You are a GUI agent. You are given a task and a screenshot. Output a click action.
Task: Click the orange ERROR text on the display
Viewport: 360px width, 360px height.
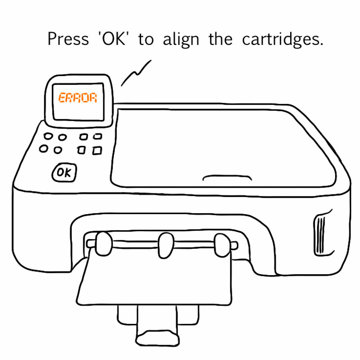point(78,98)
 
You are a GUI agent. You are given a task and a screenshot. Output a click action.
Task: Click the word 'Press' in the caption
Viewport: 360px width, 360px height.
point(68,39)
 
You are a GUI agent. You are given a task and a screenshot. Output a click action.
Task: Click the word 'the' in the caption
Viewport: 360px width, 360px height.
point(220,39)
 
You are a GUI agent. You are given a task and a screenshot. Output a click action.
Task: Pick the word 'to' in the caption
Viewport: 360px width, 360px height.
point(146,39)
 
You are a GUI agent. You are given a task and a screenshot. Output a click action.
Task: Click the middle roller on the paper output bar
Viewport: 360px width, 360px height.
point(166,246)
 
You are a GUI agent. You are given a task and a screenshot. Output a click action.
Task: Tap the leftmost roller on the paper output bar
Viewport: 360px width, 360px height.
point(103,244)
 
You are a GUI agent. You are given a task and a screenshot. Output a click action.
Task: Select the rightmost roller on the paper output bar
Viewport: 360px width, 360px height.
point(222,245)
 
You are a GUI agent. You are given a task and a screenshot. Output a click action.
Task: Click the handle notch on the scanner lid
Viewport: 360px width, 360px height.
point(227,177)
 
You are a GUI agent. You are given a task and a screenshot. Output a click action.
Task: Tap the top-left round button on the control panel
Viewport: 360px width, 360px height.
point(48,136)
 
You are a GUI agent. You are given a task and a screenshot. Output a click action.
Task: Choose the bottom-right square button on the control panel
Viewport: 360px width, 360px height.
point(97,151)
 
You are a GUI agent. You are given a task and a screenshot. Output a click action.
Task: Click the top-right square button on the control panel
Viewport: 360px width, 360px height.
point(98,137)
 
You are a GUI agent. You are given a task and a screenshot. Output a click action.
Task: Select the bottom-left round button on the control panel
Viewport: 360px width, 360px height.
point(43,148)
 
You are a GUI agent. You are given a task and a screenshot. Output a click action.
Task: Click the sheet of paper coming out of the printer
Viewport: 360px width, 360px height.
point(154,278)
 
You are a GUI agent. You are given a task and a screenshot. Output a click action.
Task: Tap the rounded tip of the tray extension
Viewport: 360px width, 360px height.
point(157,338)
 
